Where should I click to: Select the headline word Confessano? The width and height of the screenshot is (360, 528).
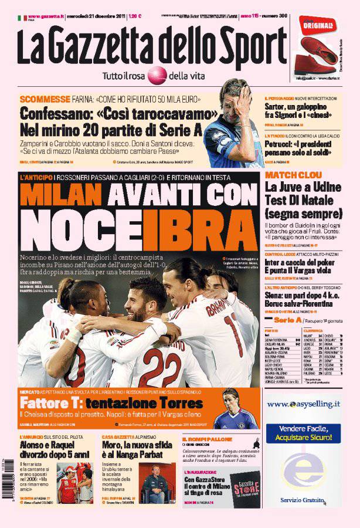tap(55, 113)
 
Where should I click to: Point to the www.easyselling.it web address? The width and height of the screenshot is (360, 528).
tap(303, 404)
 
